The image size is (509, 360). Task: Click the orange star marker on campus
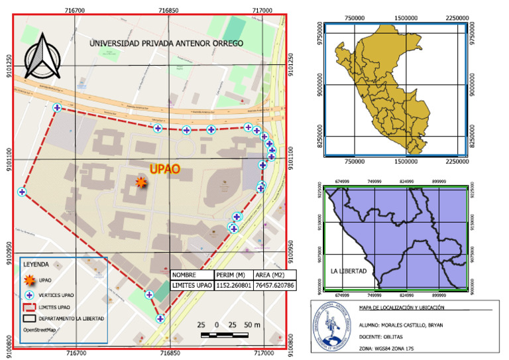click(x=141, y=182)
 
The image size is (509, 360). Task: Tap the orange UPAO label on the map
click(x=164, y=169)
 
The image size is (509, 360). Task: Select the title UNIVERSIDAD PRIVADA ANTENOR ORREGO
click(x=166, y=43)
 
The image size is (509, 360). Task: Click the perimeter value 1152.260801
click(x=234, y=286)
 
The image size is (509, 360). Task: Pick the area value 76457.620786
click(x=274, y=286)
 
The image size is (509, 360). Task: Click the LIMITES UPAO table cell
click(x=192, y=286)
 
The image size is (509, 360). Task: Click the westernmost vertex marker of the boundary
click(x=22, y=192)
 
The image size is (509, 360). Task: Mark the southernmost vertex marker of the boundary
click(x=160, y=319)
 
